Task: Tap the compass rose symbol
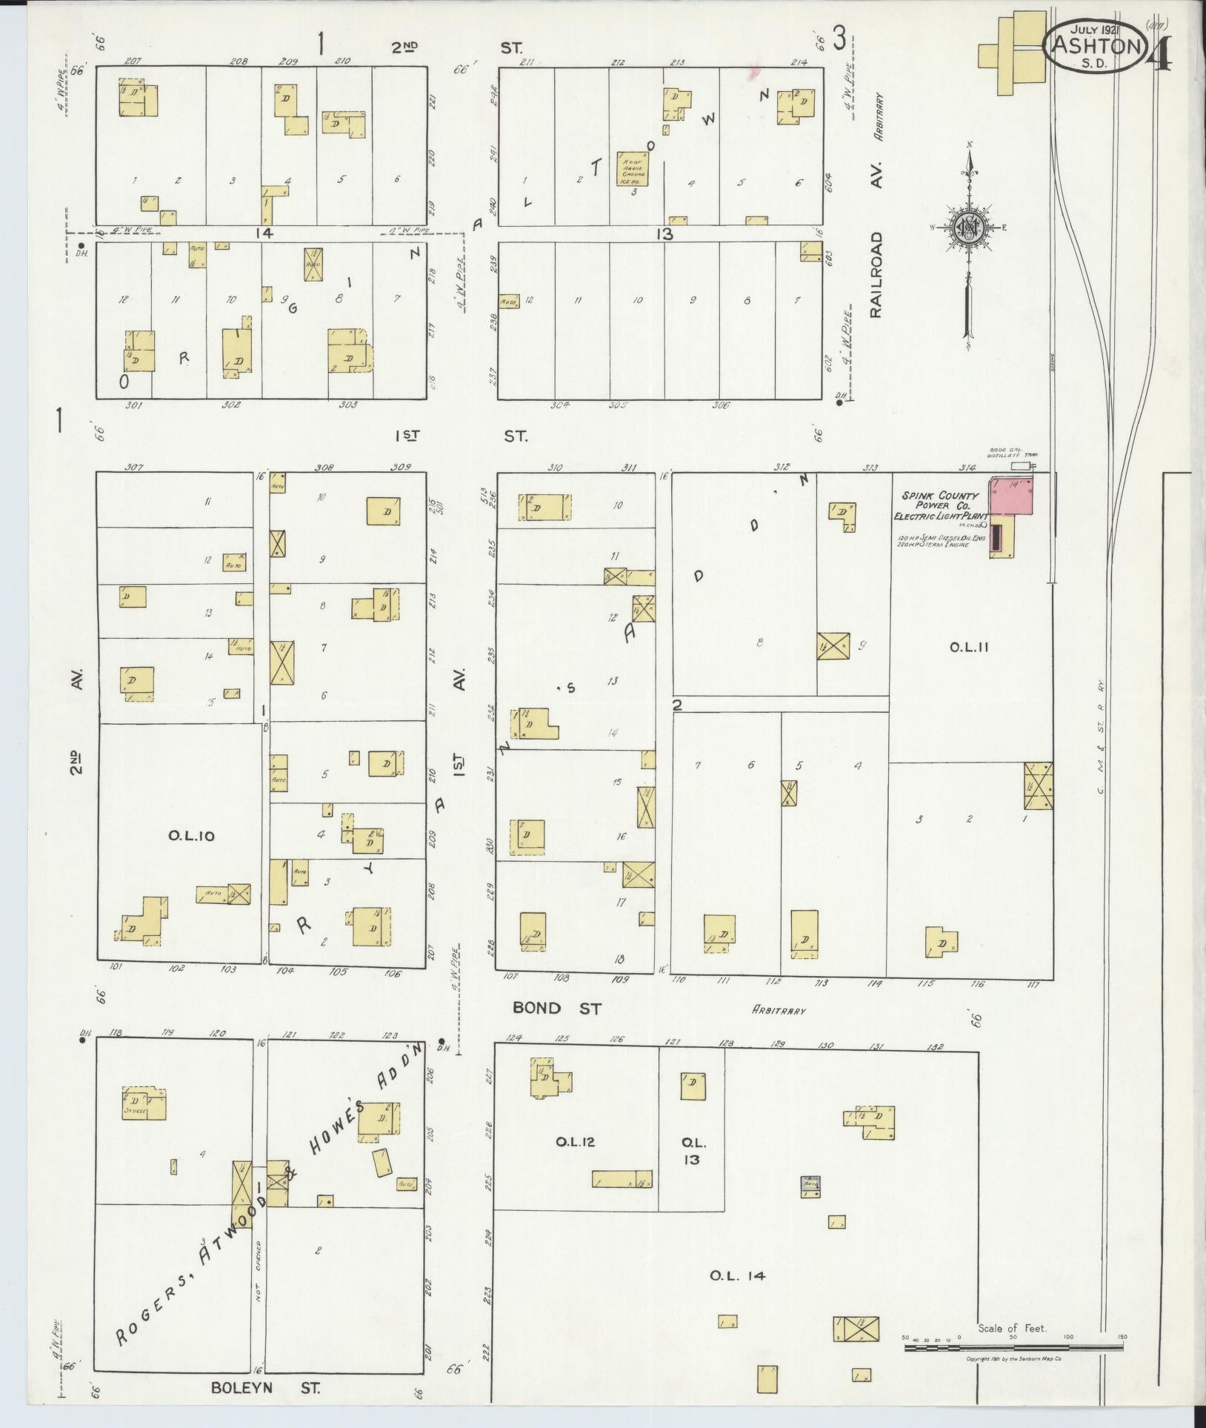(x=967, y=226)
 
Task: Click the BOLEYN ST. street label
(x=265, y=1387)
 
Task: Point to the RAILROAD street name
(x=877, y=275)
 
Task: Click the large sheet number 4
(x=1160, y=54)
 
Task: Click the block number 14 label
(x=264, y=233)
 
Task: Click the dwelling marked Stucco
(x=144, y=1103)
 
